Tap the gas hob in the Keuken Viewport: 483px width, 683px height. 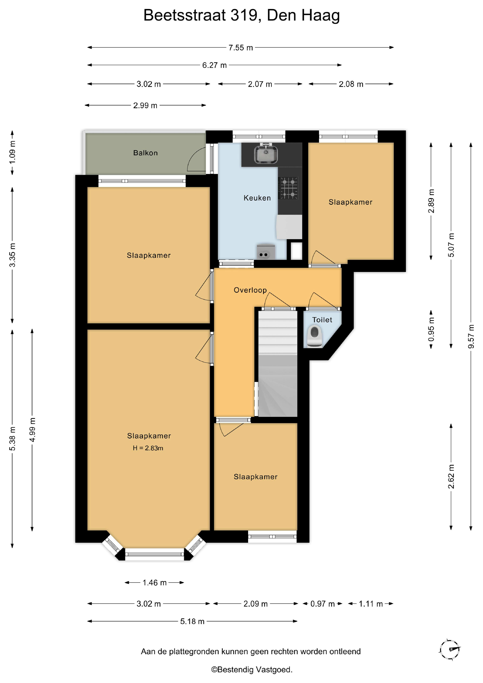pos(288,188)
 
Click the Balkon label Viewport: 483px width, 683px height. pos(145,153)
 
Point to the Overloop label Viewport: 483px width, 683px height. pos(250,290)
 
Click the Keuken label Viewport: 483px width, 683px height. pos(257,198)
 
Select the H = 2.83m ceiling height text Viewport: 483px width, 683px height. pos(148,448)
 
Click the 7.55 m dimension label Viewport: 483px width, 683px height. pos(241,48)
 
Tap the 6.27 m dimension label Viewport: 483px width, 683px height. pos(214,65)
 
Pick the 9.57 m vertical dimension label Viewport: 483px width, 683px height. pos(471,336)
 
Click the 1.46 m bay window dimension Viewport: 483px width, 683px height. pos(154,583)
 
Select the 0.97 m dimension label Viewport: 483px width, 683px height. pos(322,604)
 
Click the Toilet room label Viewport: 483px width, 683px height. pos(322,320)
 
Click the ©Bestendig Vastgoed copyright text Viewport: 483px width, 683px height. pos(252,670)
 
